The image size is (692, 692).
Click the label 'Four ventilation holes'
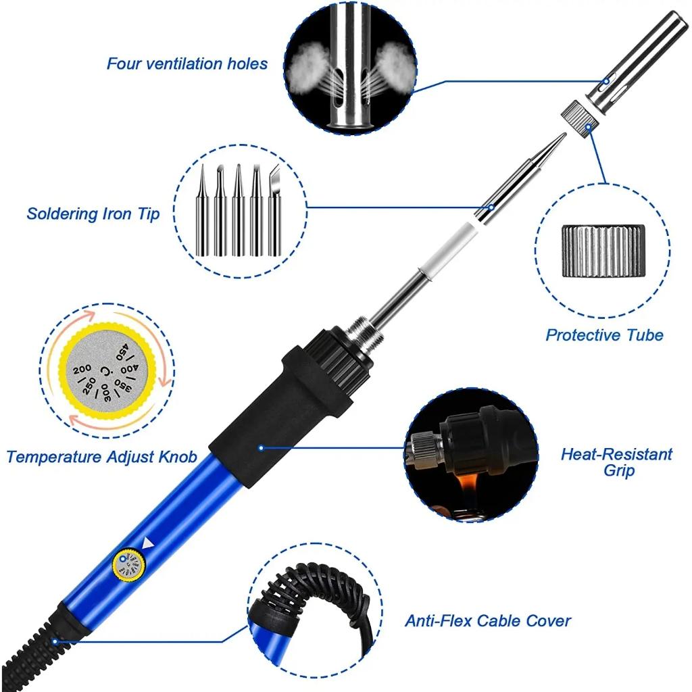(x=187, y=64)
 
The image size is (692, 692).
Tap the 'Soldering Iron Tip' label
(x=93, y=214)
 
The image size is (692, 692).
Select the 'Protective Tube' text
(x=604, y=335)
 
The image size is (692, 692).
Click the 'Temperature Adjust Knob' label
(x=101, y=458)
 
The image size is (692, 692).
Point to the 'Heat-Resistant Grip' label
(x=616, y=462)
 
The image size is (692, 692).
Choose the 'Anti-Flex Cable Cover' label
(x=487, y=620)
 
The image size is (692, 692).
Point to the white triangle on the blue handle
(x=149, y=541)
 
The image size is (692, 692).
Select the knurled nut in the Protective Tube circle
(x=603, y=250)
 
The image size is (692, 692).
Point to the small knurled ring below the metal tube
(x=578, y=117)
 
